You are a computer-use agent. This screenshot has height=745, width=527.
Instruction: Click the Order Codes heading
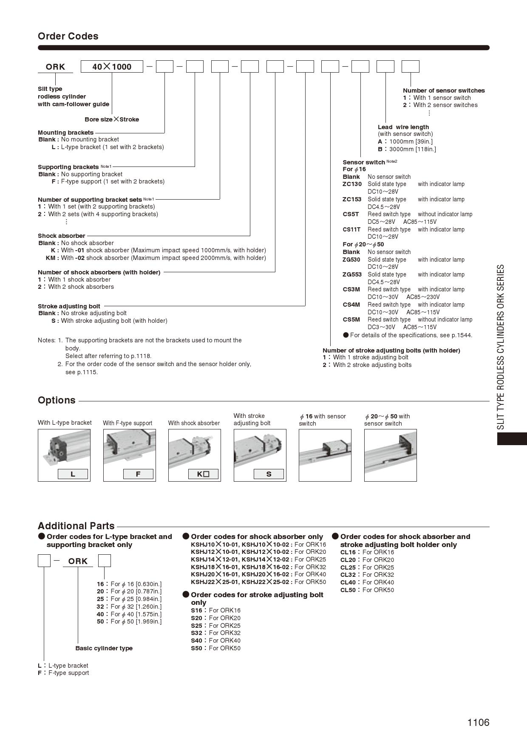click(68, 36)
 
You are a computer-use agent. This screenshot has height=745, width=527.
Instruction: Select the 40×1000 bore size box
click(112, 67)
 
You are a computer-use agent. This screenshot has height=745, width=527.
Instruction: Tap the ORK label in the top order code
click(55, 67)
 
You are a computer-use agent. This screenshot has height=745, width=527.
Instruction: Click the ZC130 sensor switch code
click(352, 184)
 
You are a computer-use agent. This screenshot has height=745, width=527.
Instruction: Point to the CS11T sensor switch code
click(351, 229)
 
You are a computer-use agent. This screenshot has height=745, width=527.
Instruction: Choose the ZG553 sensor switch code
click(352, 274)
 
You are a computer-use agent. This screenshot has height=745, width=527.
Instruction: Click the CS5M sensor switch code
click(351, 319)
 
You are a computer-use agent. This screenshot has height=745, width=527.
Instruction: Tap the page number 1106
click(478, 722)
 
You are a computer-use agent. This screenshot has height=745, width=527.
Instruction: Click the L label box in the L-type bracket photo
click(73, 474)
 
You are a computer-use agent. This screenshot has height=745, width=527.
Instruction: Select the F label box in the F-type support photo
click(138, 474)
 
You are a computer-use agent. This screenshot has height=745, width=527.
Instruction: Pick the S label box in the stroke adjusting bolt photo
click(269, 474)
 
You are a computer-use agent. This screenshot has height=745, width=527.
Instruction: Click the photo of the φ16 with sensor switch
click(325, 455)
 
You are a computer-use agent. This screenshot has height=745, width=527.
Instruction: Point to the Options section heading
click(57, 400)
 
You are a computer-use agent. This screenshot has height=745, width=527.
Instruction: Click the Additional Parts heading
click(76, 526)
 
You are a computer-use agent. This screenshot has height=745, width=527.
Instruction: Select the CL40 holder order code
click(348, 582)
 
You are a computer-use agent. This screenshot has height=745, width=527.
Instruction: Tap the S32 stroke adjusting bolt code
click(196, 633)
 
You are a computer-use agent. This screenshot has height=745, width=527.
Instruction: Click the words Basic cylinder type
click(104, 648)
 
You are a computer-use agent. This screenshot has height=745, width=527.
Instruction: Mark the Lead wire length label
click(403, 127)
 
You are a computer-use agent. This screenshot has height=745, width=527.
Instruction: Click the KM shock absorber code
click(51, 258)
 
